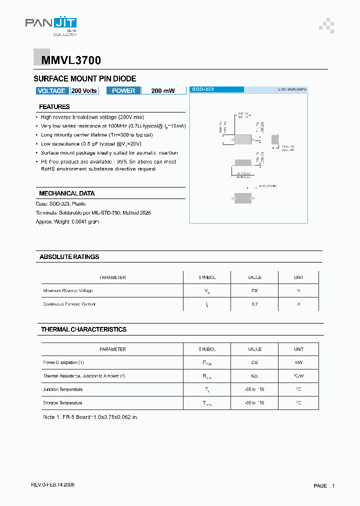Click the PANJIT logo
[x=50, y=25]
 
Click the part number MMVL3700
[x=67, y=60]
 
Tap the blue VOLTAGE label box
[x=51, y=90]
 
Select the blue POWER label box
[x=123, y=90]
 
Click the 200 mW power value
[x=163, y=91]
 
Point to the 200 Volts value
[x=84, y=90]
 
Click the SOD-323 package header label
[x=203, y=89]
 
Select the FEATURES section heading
[x=54, y=106]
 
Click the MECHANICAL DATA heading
[x=66, y=193]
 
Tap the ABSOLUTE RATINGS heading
[x=69, y=256]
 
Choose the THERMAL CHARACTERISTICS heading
[x=83, y=329]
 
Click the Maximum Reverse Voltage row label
[x=67, y=290]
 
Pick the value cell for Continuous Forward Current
[x=254, y=304]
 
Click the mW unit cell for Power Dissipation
[x=298, y=362]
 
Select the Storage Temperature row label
[x=62, y=403]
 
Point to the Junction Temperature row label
[x=63, y=389]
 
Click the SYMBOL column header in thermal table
[x=207, y=349]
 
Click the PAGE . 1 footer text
[x=324, y=485]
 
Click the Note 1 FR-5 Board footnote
[x=90, y=416]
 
